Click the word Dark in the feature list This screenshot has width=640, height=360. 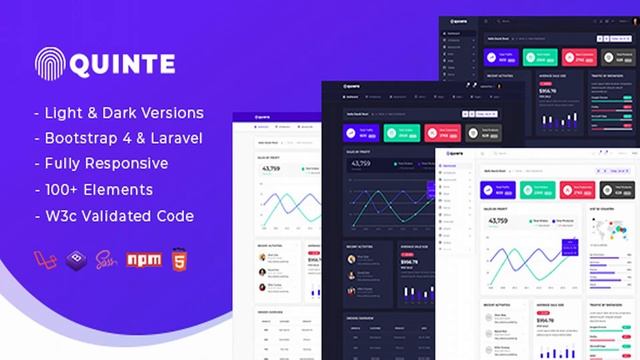point(125,112)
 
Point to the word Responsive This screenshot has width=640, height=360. point(126,163)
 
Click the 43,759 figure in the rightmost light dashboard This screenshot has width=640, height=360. point(497,221)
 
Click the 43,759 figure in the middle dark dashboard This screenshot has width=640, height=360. point(359,164)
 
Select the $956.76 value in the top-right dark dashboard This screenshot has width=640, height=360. point(548,91)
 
